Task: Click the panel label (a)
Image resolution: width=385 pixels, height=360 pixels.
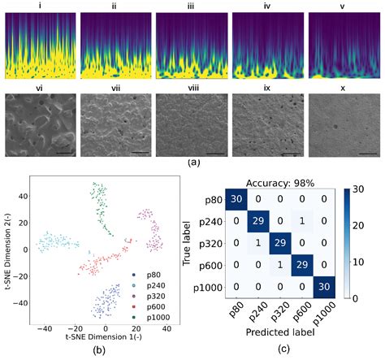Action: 193,163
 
